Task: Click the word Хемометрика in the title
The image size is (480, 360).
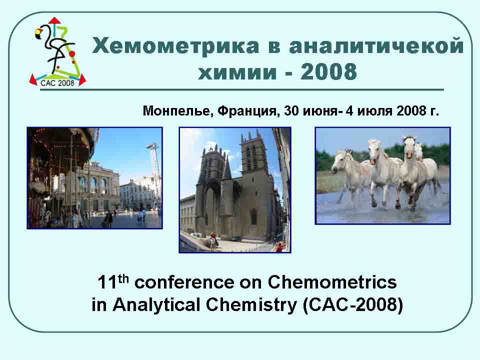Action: pos(175,46)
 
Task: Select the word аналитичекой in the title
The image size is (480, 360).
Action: pos(376,46)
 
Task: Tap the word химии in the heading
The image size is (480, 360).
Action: pos(237,72)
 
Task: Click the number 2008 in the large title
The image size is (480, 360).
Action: pos(328,71)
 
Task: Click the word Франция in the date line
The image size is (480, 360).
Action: pos(248,111)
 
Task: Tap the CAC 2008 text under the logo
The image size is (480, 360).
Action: pos(57,83)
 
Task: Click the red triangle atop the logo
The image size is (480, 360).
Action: pos(54,20)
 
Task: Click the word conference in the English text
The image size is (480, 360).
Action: pos(184,282)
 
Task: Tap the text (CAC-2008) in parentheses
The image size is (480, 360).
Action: pos(352,305)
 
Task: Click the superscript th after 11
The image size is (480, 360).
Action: pos(123,278)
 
